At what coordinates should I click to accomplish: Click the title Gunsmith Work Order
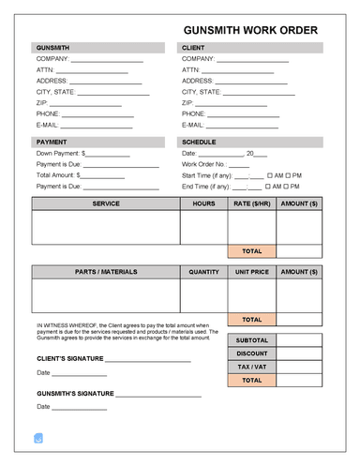click(x=250, y=29)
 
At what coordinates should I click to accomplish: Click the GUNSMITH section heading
click(x=52, y=47)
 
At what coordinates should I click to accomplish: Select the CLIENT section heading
click(x=194, y=47)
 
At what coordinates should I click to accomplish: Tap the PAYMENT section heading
click(x=52, y=141)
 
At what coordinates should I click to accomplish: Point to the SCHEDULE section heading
click(x=201, y=141)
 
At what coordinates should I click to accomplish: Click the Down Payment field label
click(x=59, y=152)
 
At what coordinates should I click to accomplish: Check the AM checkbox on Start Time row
click(x=270, y=174)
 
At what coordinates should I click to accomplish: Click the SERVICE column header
click(x=106, y=203)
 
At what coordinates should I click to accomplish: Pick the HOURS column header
click(x=203, y=203)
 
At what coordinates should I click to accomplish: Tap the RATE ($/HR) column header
click(x=251, y=203)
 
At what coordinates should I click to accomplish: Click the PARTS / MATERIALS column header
click(x=106, y=272)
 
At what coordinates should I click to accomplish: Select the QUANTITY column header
click(x=203, y=272)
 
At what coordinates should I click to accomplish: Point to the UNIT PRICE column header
click(x=251, y=272)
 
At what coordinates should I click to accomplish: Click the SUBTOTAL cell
click(x=251, y=339)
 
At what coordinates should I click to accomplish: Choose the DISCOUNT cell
click(x=251, y=353)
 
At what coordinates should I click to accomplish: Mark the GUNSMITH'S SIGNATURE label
click(x=75, y=394)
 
